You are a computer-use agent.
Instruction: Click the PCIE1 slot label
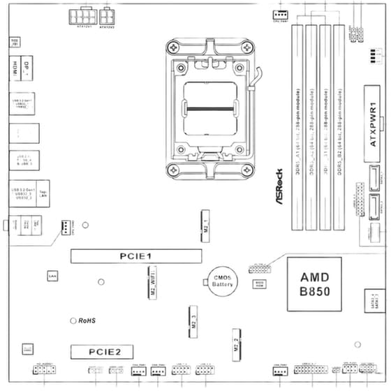pyautogui.click(x=135, y=257)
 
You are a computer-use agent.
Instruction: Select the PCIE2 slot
pyautogui.click(x=105, y=351)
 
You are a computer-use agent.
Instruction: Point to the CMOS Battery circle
pyautogui.click(x=222, y=281)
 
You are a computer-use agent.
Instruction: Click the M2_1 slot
pyautogui.click(x=207, y=226)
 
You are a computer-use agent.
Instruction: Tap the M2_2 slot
pyautogui.click(x=237, y=345)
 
